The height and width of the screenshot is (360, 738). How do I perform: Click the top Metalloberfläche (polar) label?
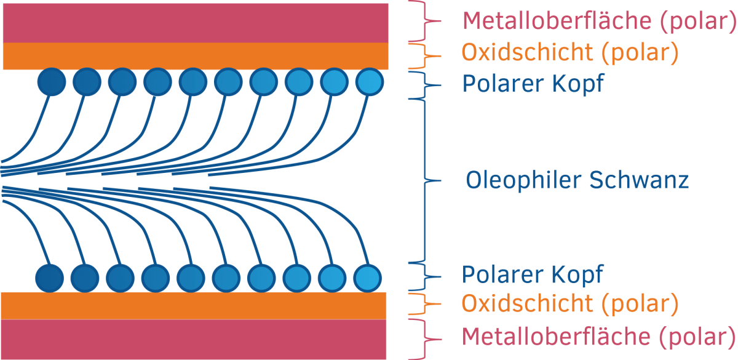[599, 22]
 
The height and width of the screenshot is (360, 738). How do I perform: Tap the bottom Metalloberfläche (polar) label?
[598, 337]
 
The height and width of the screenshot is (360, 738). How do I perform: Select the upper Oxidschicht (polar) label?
[570, 53]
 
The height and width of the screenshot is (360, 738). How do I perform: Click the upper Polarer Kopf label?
[533, 84]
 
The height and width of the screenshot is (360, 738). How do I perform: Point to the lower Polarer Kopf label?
[533, 275]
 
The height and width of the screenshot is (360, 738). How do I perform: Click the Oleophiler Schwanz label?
[577, 181]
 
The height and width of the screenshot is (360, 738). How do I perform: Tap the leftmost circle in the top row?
[52, 82]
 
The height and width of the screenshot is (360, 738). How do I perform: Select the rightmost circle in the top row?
[370, 82]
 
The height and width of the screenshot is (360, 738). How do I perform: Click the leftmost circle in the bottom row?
[49, 278]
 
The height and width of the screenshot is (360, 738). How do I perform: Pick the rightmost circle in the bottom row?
[368, 278]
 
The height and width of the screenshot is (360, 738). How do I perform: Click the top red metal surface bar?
[196, 23]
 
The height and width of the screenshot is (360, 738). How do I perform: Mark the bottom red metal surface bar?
[194, 339]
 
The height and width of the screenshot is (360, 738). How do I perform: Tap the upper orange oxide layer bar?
[196, 56]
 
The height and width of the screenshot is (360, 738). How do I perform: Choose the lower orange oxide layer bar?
[194, 306]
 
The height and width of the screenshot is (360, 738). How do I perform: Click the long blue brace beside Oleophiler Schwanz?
[425, 181]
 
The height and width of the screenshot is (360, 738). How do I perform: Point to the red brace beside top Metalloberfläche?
[425, 21]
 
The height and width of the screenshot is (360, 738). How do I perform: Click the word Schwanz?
[639, 180]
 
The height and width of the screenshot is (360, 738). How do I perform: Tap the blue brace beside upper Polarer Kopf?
[425, 86]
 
